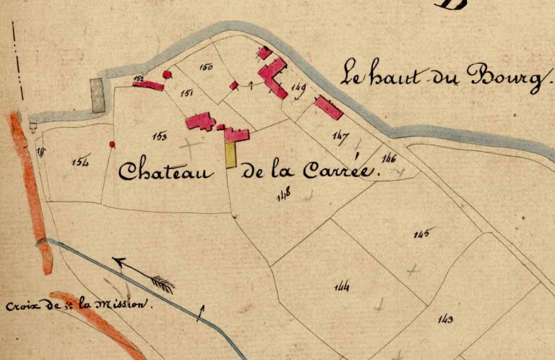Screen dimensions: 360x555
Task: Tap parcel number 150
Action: click(206, 68)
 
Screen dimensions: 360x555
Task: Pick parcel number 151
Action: click(187, 93)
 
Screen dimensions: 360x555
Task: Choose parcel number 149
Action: click(298, 89)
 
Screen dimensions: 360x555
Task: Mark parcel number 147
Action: click(340, 135)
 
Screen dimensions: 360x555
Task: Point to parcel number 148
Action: click(283, 193)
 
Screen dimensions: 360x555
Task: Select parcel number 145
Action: click(422, 233)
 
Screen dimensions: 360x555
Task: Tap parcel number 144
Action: click(343, 287)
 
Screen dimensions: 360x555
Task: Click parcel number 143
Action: click(446, 319)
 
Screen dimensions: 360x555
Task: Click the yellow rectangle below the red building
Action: click(231, 155)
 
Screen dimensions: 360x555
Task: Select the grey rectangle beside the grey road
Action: click(98, 95)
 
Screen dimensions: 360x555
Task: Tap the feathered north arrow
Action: click(145, 274)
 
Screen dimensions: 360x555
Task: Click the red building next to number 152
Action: click(149, 85)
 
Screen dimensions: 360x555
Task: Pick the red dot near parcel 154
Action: click(112, 145)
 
